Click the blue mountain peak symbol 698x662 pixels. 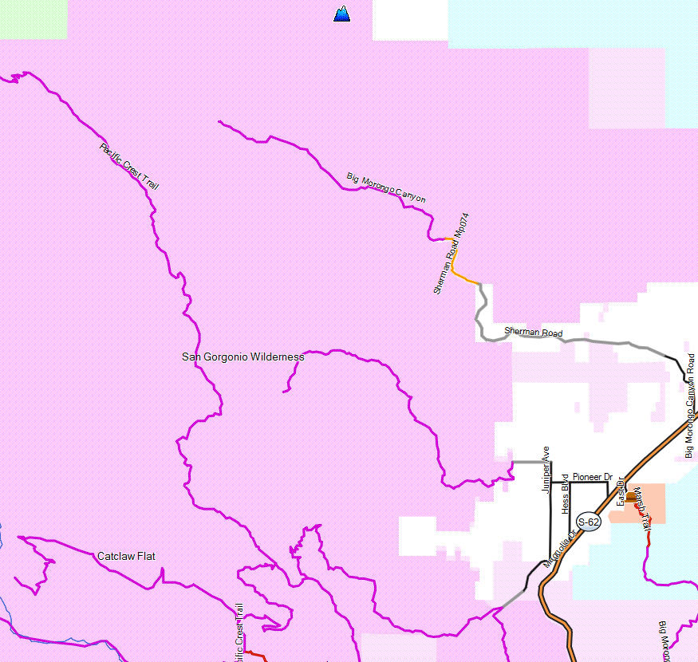click(342, 13)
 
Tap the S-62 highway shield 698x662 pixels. click(588, 522)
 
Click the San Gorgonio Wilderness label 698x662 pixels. click(243, 357)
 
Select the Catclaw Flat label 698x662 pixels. click(126, 556)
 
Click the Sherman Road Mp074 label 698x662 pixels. click(448, 254)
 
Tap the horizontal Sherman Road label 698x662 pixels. click(533, 333)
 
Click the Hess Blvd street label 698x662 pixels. click(565, 492)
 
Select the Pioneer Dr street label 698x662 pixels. click(592, 477)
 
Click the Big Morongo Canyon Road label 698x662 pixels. click(690, 405)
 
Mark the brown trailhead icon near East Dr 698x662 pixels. click(631, 497)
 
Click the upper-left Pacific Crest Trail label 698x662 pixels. click(129, 166)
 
